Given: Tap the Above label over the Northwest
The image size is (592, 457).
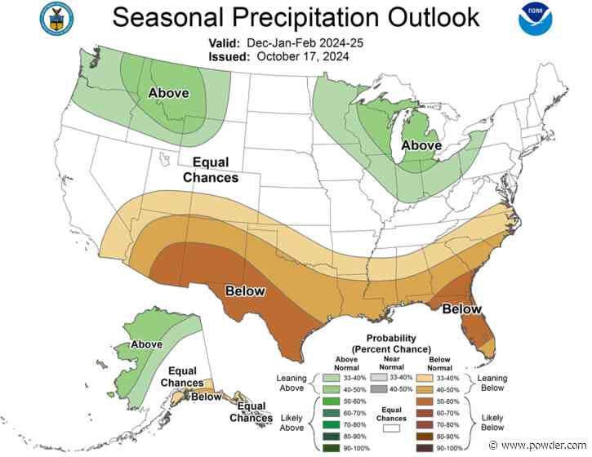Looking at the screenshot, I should coord(168,94).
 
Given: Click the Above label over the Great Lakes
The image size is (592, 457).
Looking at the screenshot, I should coord(421,145).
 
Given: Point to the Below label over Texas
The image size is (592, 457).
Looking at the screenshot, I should coord(244,291).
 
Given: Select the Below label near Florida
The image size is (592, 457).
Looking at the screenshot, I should coord(461,309).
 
